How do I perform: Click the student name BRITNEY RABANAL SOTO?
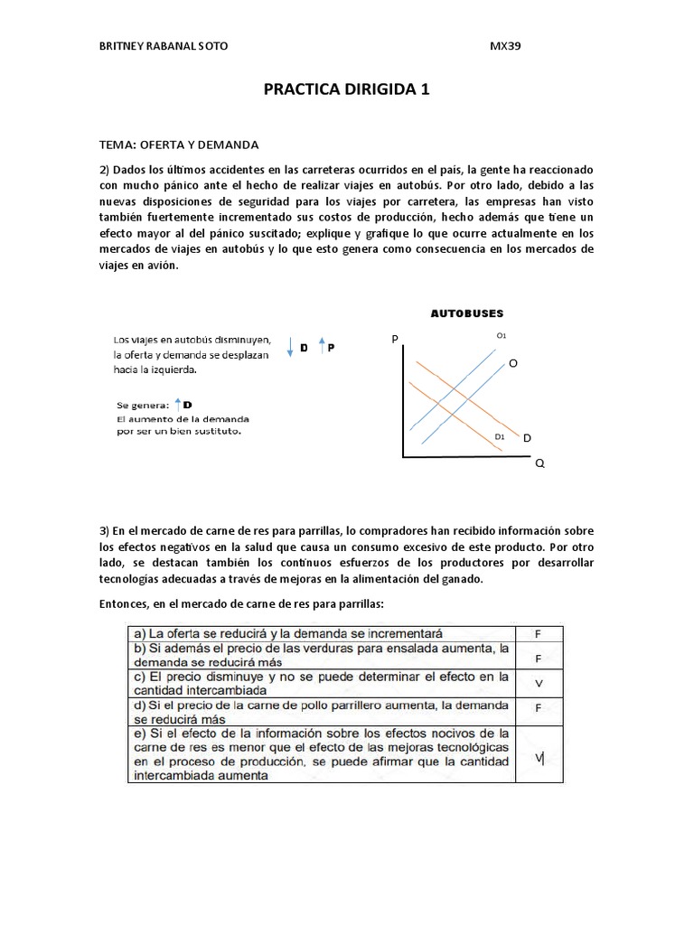[x=163, y=47]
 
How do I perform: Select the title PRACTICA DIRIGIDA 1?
[x=346, y=89]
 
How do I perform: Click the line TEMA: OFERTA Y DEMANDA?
[x=179, y=144]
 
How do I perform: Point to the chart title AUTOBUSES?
[x=466, y=313]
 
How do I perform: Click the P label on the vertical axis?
[x=394, y=339]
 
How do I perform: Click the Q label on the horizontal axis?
[x=540, y=462]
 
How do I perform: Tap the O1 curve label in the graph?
[x=502, y=336]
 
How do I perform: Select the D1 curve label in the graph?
[x=499, y=437]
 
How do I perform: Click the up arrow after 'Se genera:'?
[x=178, y=404]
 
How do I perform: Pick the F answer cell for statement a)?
[x=538, y=634]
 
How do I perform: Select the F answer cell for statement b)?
[x=538, y=659]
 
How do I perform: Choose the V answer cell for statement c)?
[x=538, y=683]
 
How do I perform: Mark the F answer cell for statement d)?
[x=538, y=708]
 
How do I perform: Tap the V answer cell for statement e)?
[x=539, y=758]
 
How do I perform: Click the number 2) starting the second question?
[x=104, y=171]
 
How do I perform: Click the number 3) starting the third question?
[x=104, y=530]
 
